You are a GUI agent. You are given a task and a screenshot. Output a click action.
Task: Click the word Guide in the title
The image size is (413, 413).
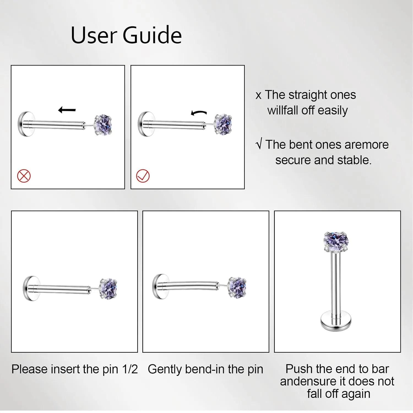[152, 35]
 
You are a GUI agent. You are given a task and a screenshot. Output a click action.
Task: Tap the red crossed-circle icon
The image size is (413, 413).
[24, 176]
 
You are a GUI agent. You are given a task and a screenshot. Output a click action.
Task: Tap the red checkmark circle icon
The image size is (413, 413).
[143, 176]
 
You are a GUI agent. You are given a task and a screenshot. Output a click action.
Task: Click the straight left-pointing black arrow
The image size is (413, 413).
[67, 110]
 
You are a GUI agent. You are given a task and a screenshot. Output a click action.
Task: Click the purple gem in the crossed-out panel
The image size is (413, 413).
[103, 125]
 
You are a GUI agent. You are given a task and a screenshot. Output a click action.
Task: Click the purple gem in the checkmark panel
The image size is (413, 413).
[223, 124]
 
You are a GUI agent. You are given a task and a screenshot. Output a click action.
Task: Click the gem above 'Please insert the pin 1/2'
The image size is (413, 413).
[108, 289]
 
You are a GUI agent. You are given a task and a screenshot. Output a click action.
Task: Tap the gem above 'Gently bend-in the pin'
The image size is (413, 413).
[238, 287]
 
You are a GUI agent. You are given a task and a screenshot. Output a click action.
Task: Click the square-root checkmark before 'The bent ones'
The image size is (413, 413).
[259, 144]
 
